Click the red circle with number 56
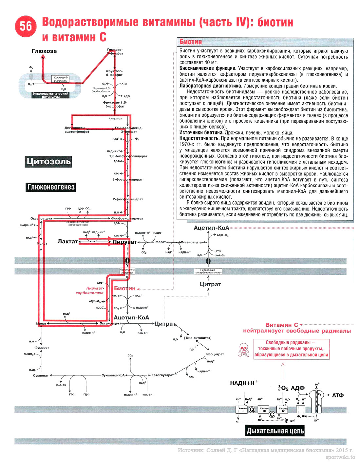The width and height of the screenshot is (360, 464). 26,26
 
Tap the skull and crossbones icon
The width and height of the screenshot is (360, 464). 243,350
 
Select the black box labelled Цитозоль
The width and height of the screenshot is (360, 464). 48,161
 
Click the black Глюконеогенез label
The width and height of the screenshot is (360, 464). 51,187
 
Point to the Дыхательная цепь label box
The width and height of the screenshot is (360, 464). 275,431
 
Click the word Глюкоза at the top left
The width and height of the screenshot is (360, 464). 44,51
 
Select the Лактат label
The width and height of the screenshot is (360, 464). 67,241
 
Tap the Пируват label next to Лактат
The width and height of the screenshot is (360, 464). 124,242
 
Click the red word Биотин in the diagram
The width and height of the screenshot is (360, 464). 124,288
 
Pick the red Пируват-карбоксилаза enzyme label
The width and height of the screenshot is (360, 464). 89,291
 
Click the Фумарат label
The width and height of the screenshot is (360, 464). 42,347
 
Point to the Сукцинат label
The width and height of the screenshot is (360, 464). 41,375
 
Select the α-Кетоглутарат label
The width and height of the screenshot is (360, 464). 161,375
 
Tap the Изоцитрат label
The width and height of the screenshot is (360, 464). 215,354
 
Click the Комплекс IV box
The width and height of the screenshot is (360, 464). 283,410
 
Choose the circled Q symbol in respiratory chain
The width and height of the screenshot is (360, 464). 252,409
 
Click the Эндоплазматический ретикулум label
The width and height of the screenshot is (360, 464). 50,95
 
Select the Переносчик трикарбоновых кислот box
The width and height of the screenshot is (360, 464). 208,271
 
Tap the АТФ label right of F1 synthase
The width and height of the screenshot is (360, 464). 338,395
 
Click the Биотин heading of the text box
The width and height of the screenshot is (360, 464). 191,42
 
